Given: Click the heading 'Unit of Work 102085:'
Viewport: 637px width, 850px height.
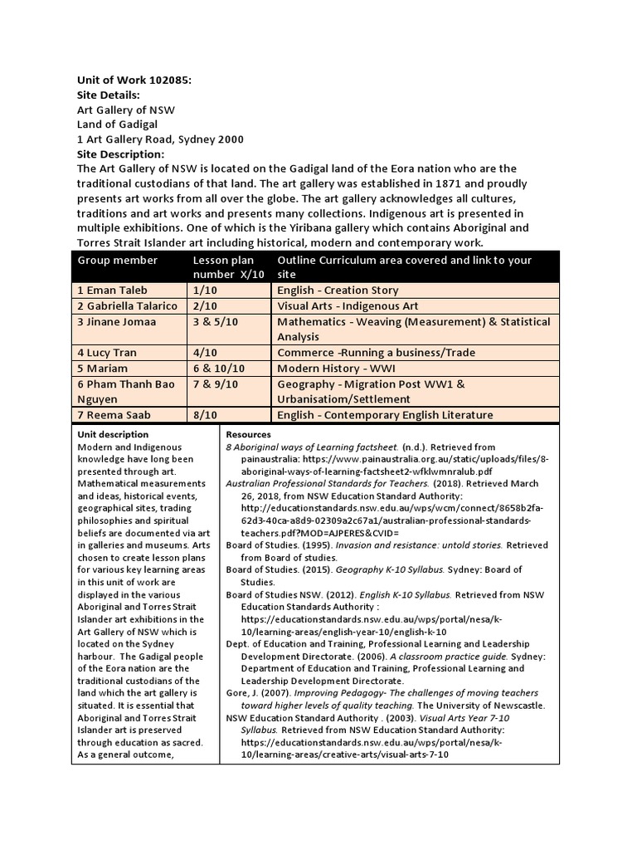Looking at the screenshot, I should click(134, 80).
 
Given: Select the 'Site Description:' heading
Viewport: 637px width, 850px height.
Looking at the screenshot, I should click(121, 154).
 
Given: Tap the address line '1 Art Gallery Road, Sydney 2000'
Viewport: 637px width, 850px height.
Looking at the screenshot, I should click(160, 139).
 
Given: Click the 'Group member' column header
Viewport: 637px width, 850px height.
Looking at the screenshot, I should click(117, 260).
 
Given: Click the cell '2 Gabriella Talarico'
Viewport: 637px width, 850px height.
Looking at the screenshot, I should click(127, 306).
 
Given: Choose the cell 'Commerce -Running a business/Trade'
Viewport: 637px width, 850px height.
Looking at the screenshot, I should click(376, 353).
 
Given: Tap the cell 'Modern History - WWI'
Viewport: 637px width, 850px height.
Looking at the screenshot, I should click(338, 369).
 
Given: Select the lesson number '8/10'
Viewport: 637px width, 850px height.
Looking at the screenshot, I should click(204, 415).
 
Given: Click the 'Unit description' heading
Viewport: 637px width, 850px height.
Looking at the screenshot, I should click(113, 434).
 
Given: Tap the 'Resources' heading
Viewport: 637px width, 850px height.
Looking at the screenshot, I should click(248, 434).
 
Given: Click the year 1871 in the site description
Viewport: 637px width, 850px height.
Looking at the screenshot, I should click(378, 183).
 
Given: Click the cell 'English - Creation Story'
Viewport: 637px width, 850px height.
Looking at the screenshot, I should click(338, 291).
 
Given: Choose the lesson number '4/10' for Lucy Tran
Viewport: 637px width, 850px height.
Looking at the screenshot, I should click(204, 353).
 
